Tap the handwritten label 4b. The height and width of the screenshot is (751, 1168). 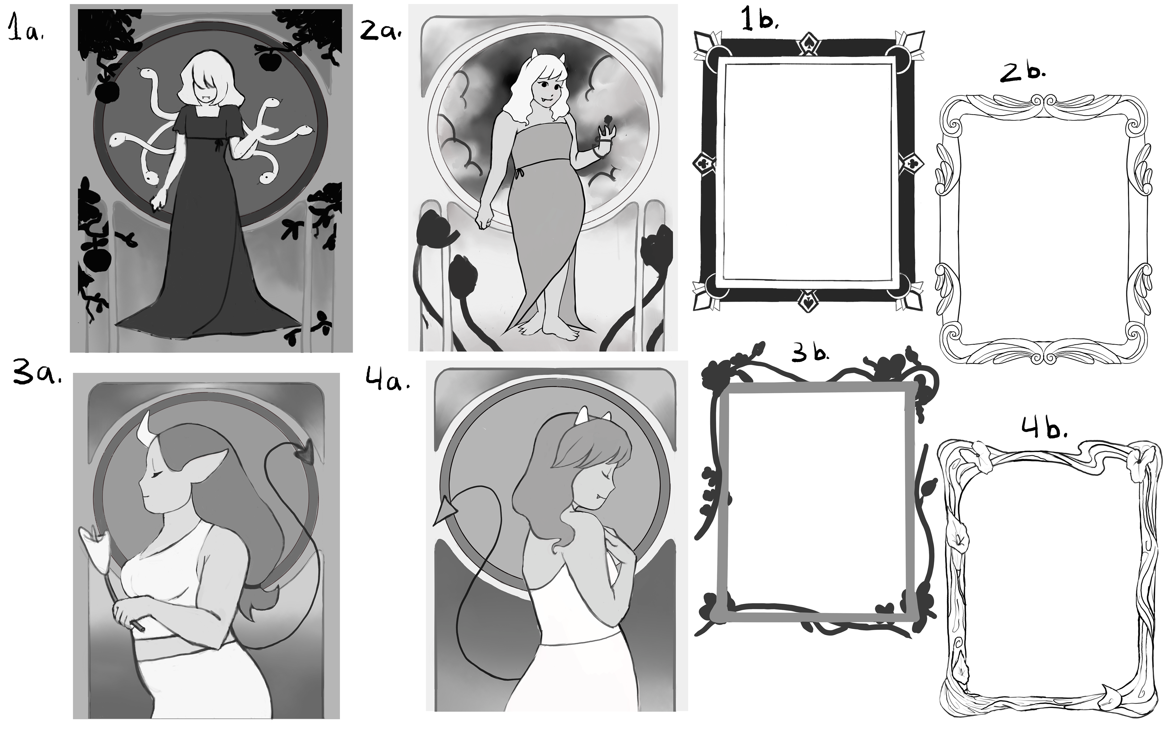point(1044,429)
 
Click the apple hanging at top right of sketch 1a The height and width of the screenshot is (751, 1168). point(267,61)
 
